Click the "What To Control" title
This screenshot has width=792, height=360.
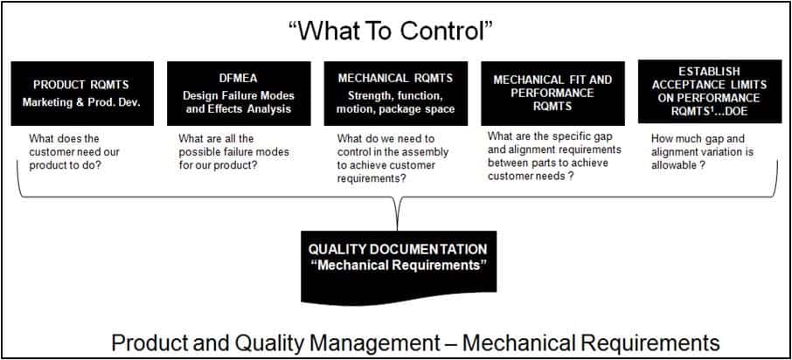391,31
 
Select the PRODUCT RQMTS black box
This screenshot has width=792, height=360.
82,93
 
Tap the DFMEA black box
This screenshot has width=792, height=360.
239,93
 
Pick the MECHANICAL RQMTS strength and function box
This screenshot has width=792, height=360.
395,93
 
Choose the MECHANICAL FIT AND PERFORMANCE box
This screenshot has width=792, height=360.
552,93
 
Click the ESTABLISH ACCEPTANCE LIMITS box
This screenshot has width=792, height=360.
710,92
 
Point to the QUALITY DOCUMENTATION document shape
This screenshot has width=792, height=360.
399,267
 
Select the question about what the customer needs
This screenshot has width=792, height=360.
74,151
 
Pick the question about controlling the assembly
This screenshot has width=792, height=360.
393,158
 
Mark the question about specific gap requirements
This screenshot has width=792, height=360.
554,156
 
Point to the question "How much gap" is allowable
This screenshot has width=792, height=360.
702,151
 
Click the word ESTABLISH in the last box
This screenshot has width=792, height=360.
709,71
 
